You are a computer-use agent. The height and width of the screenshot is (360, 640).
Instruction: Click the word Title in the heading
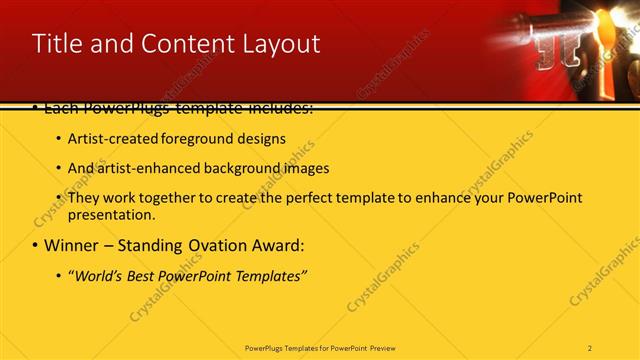(x=57, y=44)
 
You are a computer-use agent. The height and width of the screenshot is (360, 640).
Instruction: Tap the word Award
(x=277, y=245)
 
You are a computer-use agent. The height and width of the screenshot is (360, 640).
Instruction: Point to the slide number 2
(x=590, y=348)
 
